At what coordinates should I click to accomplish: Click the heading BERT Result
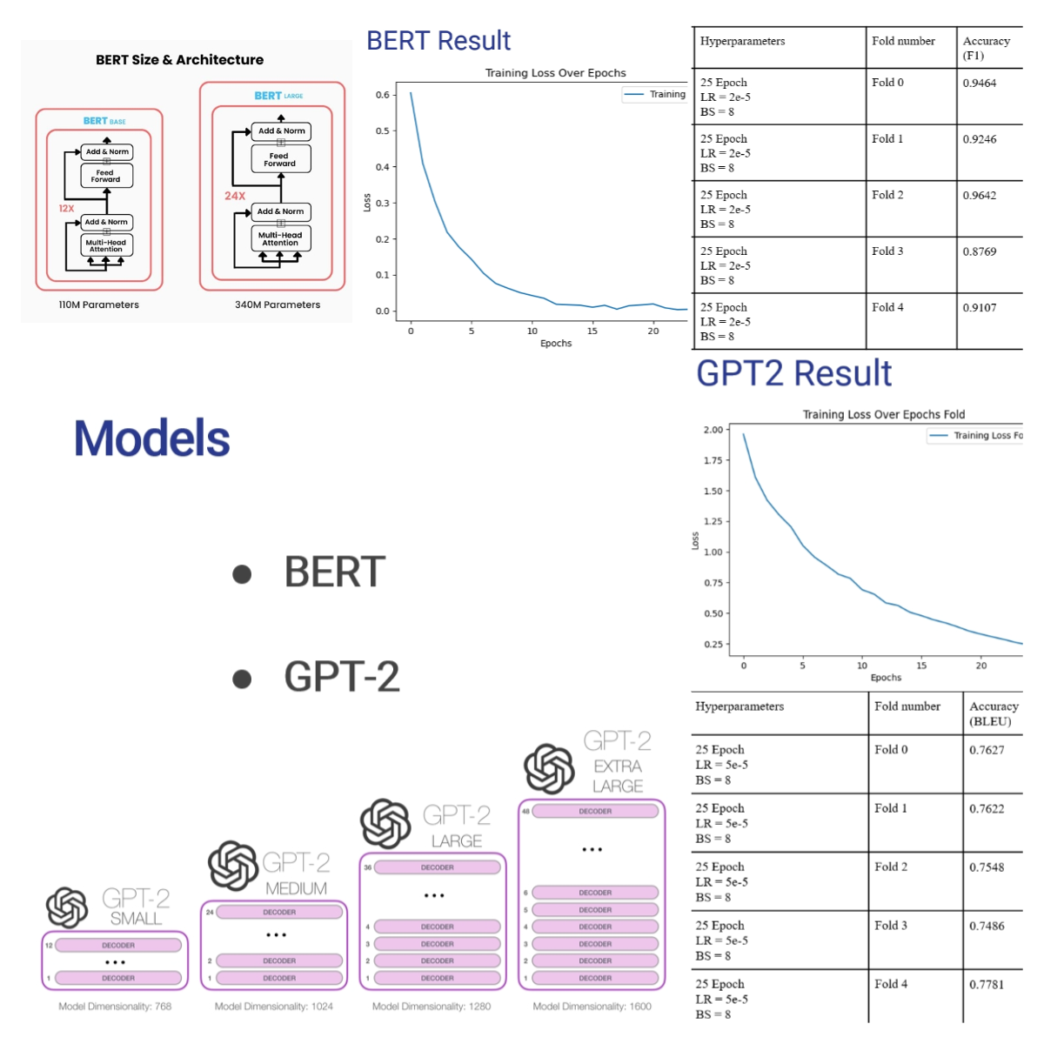(438, 41)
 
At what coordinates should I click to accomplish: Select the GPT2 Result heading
(793, 373)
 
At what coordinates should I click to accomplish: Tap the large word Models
(152, 438)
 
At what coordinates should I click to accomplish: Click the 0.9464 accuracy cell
(980, 84)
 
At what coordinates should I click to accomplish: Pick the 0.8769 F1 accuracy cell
(980, 251)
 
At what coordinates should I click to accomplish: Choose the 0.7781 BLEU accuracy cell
(987, 985)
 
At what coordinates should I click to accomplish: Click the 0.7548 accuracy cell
(987, 867)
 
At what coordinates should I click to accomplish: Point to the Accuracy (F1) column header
(986, 48)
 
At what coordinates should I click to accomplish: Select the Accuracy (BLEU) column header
(994, 713)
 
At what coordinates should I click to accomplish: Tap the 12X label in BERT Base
(66, 209)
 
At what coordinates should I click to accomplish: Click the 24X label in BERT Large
(235, 196)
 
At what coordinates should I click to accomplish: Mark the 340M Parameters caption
(278, 305)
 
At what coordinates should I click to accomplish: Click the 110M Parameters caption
(98, 305)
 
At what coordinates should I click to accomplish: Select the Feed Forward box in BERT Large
(280, 160)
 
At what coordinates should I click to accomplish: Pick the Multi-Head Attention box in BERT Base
(106, 246)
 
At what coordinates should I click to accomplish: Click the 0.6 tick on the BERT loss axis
(382, 95)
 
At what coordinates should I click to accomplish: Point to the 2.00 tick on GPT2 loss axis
(713, 430)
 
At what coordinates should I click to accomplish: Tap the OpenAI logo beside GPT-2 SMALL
(67, 907)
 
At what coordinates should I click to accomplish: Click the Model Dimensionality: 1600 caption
(592, 1007)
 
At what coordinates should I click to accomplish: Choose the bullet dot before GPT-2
(242, 679)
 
